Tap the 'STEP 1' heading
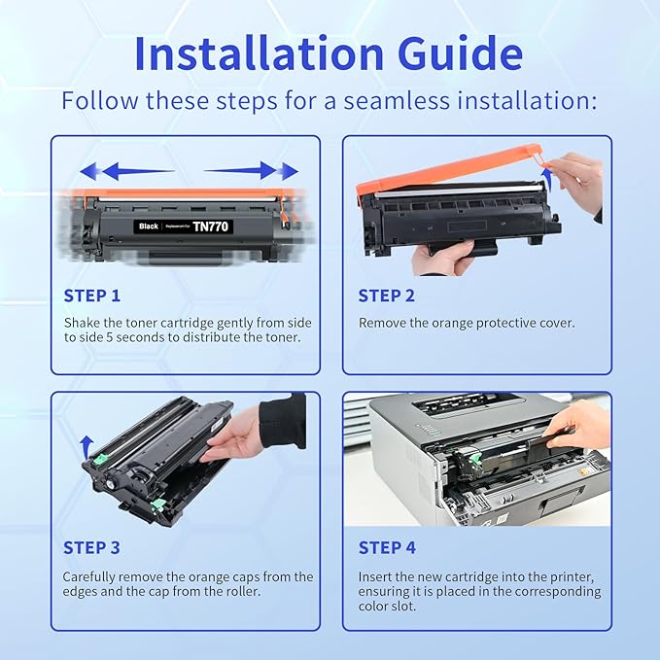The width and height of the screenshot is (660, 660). pyautogui.click(x=92, y=295)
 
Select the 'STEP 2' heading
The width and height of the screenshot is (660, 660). pyautogui.click(x=386, y=295)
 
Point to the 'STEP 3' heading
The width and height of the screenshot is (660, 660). pyautogui.click(x=92, y=547)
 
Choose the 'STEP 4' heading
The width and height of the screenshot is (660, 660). pyautogui.click(x=386, y=547)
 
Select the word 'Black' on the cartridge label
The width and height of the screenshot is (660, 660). pyautogui.click(x=149, y=226)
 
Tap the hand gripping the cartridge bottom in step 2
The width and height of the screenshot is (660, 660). pyautogui.click(x=442, y=259)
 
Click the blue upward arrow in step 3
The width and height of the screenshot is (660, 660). pyautogui.click(x=87, y=444)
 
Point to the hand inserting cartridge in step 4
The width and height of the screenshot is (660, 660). pyautogui.click(x=581, y=428)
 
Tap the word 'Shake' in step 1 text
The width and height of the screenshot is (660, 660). pyautogui.click(x=82, y=322)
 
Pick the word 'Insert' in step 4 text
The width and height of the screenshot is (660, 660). pyautogui.click(x=377, y=576)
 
